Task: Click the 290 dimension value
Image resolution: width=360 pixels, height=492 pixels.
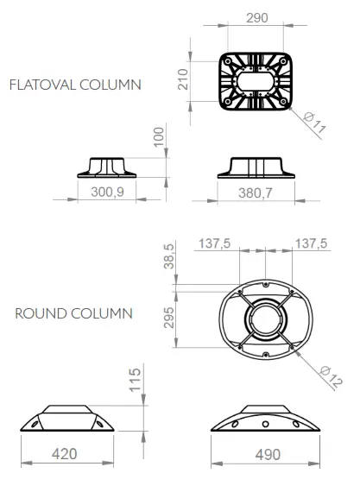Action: coord(256,18)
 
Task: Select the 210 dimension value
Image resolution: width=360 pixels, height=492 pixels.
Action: coord(183,79)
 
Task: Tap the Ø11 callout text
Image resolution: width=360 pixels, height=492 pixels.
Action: coord(315,123)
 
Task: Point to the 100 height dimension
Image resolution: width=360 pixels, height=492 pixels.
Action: coord(159,136)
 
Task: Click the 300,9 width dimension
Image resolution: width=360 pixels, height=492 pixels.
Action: coord(107,192)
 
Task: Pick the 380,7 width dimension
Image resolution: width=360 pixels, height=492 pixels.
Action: coord(256,193)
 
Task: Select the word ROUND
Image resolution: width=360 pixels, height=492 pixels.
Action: coord(41,313)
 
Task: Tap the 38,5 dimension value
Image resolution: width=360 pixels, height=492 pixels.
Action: coord(168,256)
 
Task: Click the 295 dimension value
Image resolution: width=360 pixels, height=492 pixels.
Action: coord(169,318)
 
